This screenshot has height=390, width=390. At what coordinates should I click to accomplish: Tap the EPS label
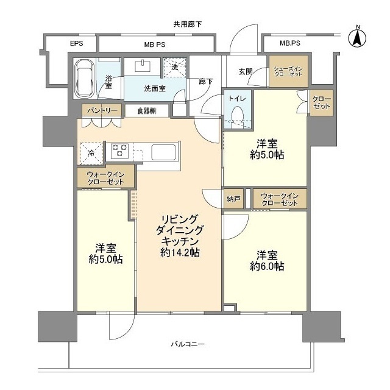pos(76,44)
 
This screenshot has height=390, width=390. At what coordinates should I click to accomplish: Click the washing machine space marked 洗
pos(174,66)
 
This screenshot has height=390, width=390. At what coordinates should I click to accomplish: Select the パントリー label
pos(98,110)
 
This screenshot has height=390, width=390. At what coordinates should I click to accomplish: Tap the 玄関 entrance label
pos(245,71)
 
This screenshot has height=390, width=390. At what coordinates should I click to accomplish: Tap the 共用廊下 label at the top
pos(187,24)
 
